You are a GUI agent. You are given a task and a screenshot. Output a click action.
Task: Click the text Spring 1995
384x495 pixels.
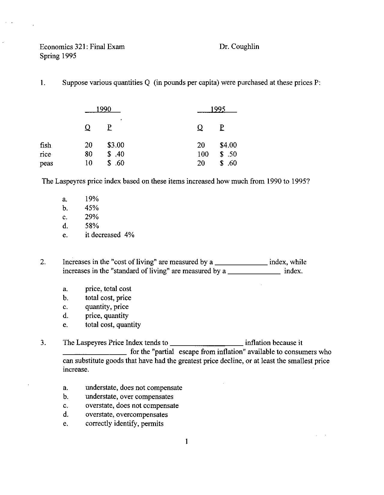(x=58, y=56)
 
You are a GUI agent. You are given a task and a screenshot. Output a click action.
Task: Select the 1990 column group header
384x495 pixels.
(x=103, y=109)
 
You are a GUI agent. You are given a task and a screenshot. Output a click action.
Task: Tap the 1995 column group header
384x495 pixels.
(x=217, y=109)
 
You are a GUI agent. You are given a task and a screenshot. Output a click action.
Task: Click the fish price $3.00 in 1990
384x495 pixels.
(x=115, y=145)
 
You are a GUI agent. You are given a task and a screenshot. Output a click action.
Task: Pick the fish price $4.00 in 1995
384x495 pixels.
(x=228, y=145)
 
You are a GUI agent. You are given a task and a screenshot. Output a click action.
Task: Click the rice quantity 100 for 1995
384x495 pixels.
(x=203, y=154)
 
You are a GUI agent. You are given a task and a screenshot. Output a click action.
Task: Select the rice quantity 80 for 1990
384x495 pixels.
(x=88, y=154)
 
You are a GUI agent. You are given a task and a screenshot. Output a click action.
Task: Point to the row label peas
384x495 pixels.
(x=46, y=163)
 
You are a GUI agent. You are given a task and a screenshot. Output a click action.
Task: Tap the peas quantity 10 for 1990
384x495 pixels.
(x=88, y=163)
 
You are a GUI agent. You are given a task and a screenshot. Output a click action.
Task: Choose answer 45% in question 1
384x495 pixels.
(x=91, y=208)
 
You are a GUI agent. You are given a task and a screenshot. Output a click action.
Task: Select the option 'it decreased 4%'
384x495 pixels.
(x=109, y=235)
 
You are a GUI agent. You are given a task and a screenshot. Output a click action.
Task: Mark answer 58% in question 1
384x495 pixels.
(x=91, y=226)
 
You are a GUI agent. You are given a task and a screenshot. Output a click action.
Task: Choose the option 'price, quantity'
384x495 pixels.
(x=106, y=316)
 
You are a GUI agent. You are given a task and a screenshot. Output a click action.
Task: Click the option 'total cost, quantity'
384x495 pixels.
(x=113, y=325)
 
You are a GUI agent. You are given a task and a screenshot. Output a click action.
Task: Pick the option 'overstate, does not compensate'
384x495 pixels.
(x=132, y=406)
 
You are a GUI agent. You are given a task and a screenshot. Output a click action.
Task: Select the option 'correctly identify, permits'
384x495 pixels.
(x=124, y=424)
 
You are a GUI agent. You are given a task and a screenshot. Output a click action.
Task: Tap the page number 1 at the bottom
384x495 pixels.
(x=186, y=441)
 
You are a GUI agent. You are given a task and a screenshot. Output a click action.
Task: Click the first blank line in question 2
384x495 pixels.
(x=241, y=264)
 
